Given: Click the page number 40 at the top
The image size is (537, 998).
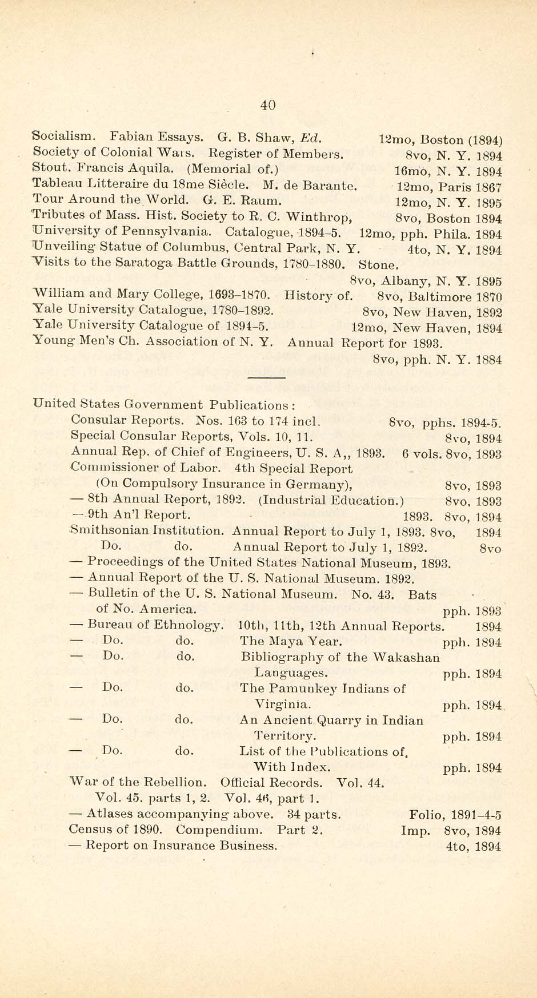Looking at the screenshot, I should pos(268,104).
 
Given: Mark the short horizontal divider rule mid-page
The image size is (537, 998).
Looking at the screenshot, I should pos(266,377).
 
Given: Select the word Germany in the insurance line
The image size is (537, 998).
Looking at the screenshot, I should pos(323,485).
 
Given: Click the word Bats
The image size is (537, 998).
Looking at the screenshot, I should pos(422,594).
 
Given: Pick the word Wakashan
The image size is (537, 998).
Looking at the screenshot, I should pos(406,657).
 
